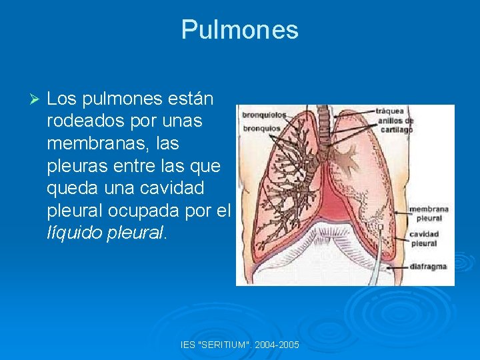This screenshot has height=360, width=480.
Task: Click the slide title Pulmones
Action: (239, 29)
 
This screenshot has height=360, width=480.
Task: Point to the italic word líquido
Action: (74, 233)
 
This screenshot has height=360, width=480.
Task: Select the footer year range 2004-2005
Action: (276, 345)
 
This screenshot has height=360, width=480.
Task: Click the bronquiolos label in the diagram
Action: (263, 114)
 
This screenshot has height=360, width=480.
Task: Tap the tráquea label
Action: (389, 111)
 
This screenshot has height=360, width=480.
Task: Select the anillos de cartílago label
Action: (396, 125)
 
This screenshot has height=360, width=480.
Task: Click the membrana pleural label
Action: (429, 213)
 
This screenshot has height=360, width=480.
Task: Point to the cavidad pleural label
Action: (424, 239)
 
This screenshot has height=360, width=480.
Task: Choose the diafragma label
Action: (427, 267)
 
